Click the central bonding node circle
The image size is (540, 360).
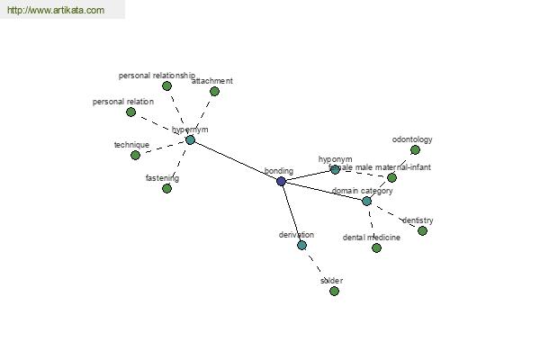(281, 181)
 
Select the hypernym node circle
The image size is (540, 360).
(190, 139)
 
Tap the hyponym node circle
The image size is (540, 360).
(335, 169)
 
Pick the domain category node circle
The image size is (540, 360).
(366, 201)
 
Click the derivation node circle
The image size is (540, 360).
(301, 245)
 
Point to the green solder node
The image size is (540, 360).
(334, 291)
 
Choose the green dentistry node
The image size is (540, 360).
(422, 230)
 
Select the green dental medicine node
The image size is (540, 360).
(376, 247)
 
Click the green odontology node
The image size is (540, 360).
(415, 150)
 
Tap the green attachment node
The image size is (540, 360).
(214, 91)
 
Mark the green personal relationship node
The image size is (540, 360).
(166, 85)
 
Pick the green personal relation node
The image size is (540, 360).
(130, 112)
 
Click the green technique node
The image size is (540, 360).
(135, 155)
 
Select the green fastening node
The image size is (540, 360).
(166, 188)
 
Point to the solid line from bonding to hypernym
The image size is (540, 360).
(236, 160)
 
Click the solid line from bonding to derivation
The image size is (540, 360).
(291, 212)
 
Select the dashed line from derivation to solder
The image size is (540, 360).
(318, 268)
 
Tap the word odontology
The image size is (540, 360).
(412, 139)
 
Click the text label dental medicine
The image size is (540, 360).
(372, 238)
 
